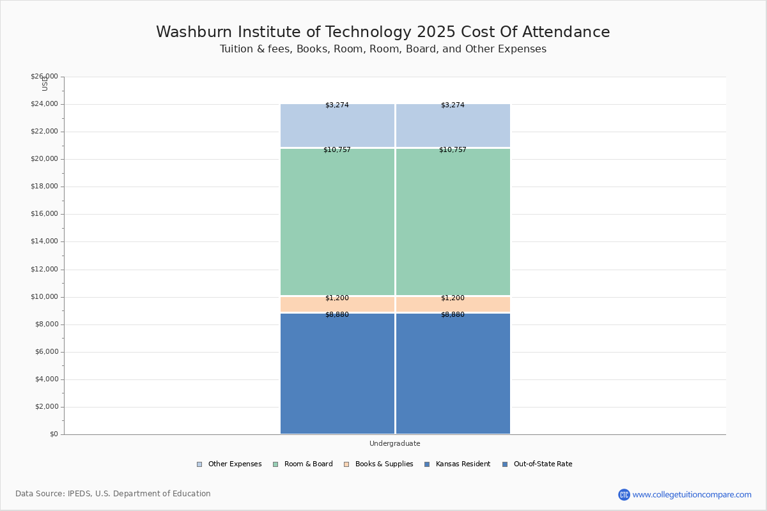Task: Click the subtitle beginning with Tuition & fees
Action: pos(383,49)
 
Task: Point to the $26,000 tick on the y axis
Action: pos(44,77)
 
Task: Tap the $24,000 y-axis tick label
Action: pos(44,104)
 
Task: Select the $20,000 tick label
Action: pos(44,159)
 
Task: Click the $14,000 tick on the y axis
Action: pos(44,241)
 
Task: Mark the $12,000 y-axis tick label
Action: pos(44,269)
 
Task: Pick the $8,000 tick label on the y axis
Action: pos(46,324)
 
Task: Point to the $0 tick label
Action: pos(53,434)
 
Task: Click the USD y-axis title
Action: pos(45,84)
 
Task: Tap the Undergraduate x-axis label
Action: pos(394,443)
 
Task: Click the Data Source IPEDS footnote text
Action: pos(113,494)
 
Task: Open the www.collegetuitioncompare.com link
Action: pos(692,494)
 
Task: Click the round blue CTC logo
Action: pos(624,494)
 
